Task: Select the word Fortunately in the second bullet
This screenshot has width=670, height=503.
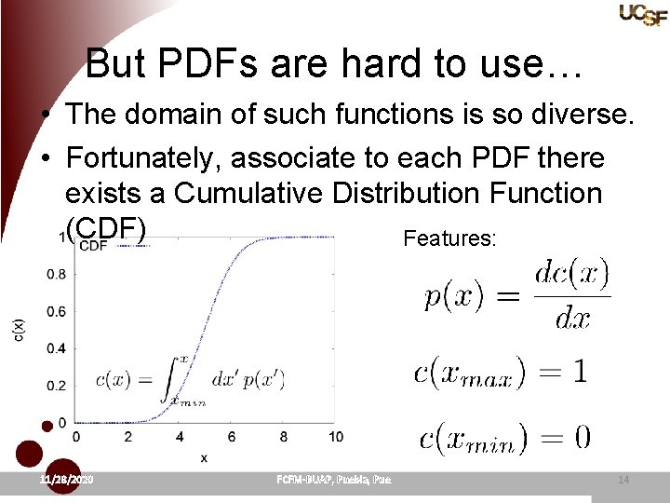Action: (143, 158)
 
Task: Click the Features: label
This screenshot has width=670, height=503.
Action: (450, 239)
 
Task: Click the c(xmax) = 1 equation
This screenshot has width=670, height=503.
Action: (501, 372)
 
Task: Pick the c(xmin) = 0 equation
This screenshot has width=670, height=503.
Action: (504, 438)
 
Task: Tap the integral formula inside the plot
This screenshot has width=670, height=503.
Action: (190, 379)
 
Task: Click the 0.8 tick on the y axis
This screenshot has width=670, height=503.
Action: (58, 275)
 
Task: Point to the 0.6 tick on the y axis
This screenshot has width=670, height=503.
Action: (58, 312)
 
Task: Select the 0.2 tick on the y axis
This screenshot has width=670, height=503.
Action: (58, 386)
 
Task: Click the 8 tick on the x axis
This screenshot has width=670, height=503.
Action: (283, 436)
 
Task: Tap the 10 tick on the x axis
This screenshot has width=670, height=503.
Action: (335, 436)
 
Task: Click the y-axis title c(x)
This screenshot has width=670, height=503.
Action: (20, 330)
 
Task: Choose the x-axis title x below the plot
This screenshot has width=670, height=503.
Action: (203, 457)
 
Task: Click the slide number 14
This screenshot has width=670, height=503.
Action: (623, 480)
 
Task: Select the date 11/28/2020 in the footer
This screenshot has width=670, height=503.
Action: (68, 479)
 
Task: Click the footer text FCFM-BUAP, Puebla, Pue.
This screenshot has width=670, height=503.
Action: (334, 479)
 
